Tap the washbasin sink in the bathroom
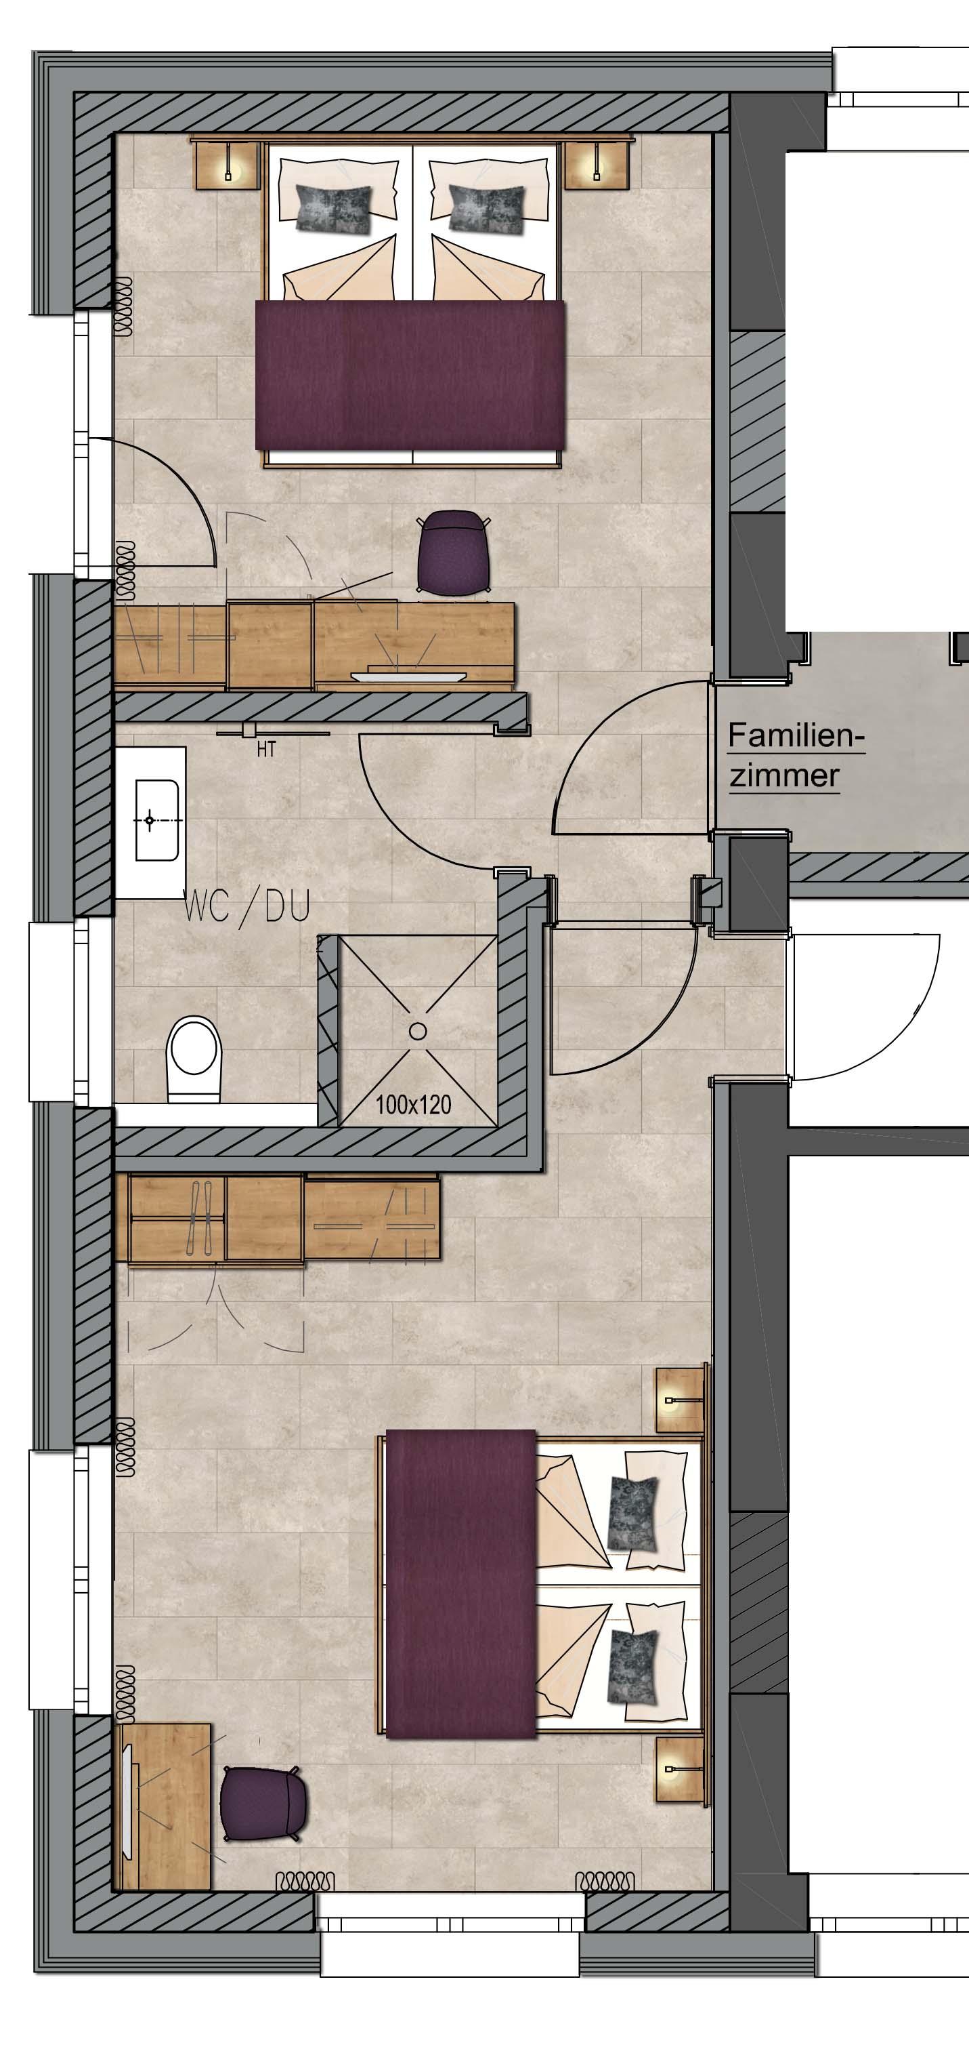[x=156, y=819]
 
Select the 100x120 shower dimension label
[x=413, y=1104]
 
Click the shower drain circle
[x=417, y=1032]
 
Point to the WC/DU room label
[x=246, y=906]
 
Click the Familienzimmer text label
[x=796, y=755]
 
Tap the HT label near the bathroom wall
[x=266, y=749]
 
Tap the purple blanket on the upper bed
[x=410, y=375]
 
